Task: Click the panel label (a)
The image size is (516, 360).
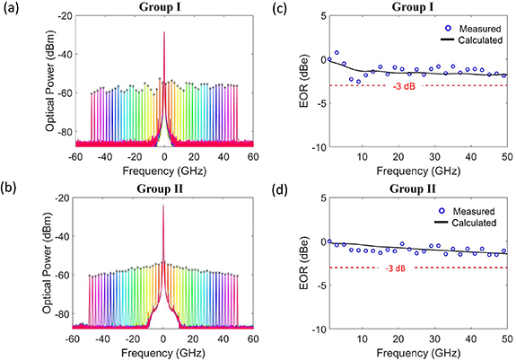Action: pyautogui.click(x=12, y=8)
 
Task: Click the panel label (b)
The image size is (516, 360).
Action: pyautogui.click(x=12, y=187)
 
